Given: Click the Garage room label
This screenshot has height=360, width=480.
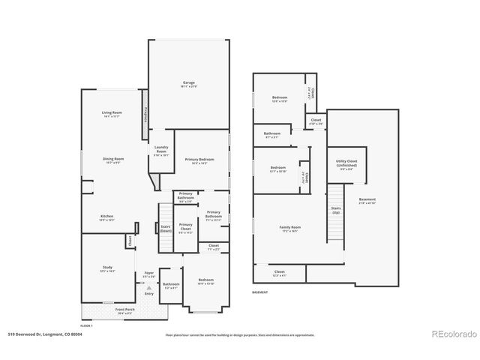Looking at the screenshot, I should coord(188,84).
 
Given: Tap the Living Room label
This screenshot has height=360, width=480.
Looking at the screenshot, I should coord(112,115).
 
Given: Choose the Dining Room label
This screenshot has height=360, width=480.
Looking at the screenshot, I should coord(113,160).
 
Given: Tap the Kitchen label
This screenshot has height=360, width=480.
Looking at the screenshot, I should coord(107,218).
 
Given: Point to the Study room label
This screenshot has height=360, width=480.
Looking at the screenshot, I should coord(107,269).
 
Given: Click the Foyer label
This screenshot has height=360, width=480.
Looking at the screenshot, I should coord(148,274).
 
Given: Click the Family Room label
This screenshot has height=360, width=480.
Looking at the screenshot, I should coord(290,229).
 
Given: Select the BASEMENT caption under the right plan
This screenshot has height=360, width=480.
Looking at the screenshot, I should coord(260,291).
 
